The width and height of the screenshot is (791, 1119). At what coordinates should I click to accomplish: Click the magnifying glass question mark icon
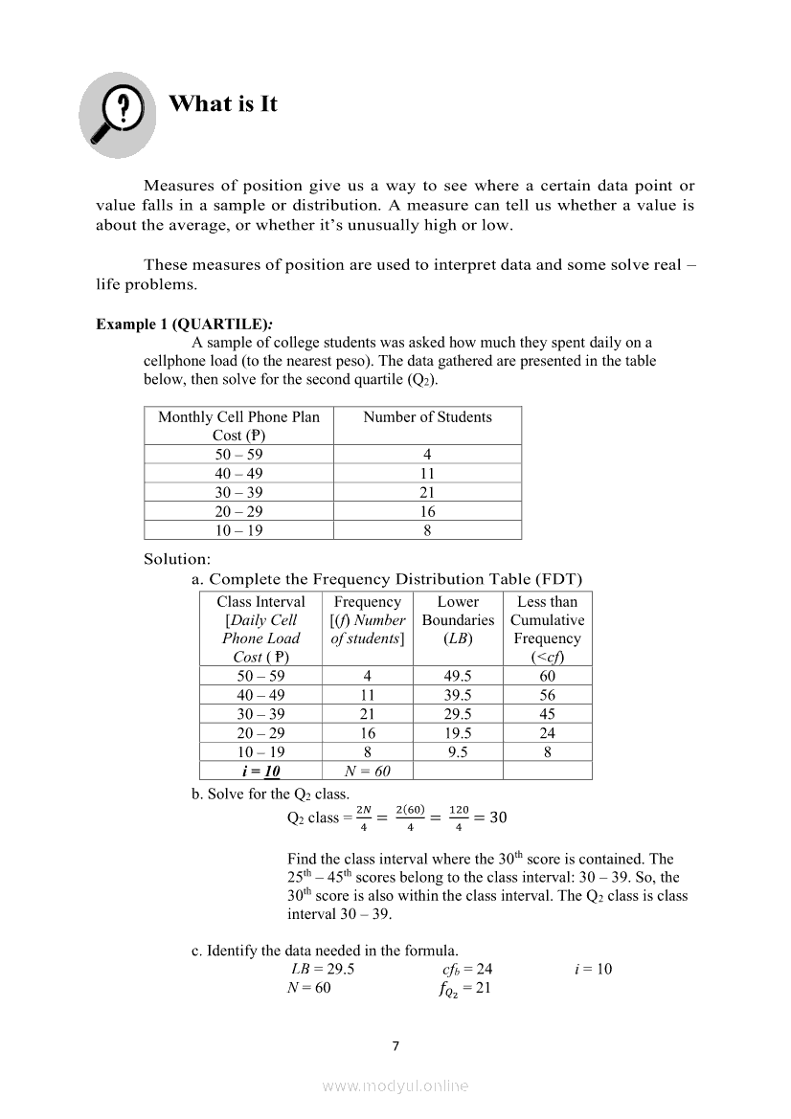(x=118, y=108)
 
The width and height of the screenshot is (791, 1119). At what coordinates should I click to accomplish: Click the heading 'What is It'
(x=222, y=103)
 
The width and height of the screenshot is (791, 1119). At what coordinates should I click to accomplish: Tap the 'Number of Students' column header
(x=427, y=417)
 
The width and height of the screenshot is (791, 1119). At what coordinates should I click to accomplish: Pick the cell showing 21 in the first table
(x=427, y=492)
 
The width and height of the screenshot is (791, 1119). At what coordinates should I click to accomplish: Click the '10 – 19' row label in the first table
(x=238, y=530)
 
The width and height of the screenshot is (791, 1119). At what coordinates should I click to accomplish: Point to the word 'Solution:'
(x=177, y=559)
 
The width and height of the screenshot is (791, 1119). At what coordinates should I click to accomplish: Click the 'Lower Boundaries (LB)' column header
(x=458, y=619)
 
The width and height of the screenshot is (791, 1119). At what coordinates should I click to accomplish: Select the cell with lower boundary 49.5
(x=458, y=676)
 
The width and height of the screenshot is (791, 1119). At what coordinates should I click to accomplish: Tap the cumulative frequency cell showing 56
(x=547, y=695)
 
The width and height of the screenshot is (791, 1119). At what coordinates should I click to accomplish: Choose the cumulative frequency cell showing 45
(x=547, y=714)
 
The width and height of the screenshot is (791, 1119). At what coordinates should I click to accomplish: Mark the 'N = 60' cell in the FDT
(x=367, y=771)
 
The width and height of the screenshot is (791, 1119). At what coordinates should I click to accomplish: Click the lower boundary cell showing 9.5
(x=458, y=751)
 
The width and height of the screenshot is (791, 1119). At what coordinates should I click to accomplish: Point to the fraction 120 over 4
(x=460, y=817)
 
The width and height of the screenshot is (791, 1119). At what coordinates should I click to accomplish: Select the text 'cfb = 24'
(x=462, y=969)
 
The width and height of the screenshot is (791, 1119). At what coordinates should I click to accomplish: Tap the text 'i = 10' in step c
(x=593, y=969)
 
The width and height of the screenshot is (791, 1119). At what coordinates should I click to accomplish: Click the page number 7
(x=395, y=1045)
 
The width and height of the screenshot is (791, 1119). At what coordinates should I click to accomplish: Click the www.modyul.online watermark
(x=395, y=1086)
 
